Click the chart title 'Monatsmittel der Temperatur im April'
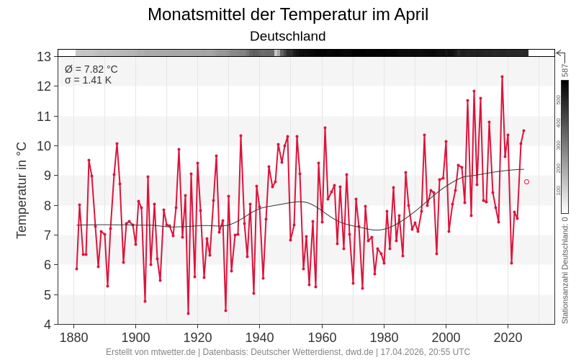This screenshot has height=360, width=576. click(288, 14)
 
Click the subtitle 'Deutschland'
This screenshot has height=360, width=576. click(288, 36)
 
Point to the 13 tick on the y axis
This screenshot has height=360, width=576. click(44, 57)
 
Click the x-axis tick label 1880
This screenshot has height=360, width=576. click(73, 338)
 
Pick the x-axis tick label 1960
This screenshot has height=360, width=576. click(322, 338)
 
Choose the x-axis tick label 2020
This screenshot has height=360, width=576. click(508, 338)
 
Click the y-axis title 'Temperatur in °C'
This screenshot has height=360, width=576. click(22, 190)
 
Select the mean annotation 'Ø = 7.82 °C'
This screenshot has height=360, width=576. click(91, 69)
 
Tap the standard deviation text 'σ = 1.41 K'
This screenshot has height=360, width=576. click(88, 80)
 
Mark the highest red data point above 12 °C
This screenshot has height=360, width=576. click(502, 76)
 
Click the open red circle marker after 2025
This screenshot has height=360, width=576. click(526, 181)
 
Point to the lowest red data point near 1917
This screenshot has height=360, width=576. click(188, 313)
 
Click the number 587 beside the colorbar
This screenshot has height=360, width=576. click(565, 70)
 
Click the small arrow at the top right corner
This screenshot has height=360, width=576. click(559, 53)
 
